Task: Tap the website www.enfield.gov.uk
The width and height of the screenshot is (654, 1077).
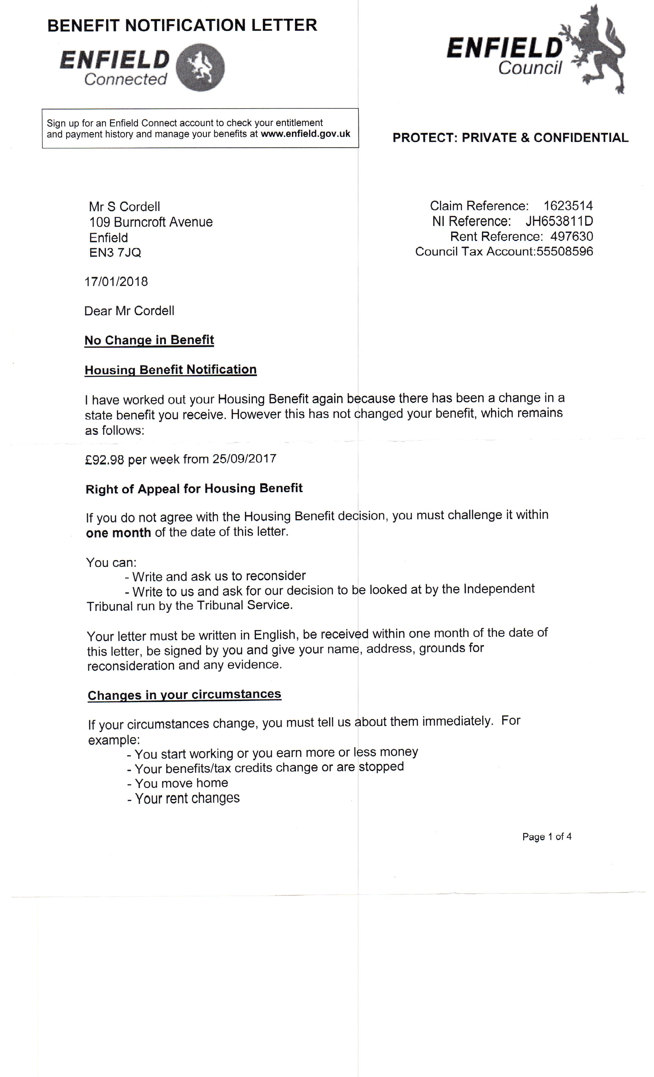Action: click(x=305, y=134)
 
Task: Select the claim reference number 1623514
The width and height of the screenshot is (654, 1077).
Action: click(x=568, y=206)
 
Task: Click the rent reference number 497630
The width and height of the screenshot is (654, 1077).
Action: click(x=571, y=236)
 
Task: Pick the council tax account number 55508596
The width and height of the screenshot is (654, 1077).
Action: click(x=564, y=251)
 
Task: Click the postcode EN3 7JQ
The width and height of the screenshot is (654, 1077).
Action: click(x=115, y=253)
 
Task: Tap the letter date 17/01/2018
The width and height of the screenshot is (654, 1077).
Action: click(x=116, y=282)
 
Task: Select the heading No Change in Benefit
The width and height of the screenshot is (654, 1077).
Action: click(x=149, y=340)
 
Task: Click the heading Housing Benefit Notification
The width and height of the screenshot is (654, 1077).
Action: click(x=171, y=370)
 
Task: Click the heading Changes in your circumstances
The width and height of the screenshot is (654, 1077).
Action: click(x=184, y=695)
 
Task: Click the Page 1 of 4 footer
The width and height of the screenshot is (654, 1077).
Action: click(x=547, y=836)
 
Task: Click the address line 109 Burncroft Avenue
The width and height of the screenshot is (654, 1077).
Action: click(x=151, y=222)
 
